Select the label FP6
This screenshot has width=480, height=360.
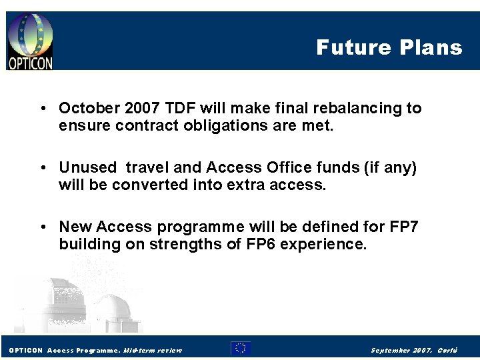coord(259,244)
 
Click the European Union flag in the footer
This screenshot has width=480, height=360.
coord(241,348)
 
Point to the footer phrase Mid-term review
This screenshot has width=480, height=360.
coord(153,350)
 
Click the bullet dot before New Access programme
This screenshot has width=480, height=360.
coord(43,227)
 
